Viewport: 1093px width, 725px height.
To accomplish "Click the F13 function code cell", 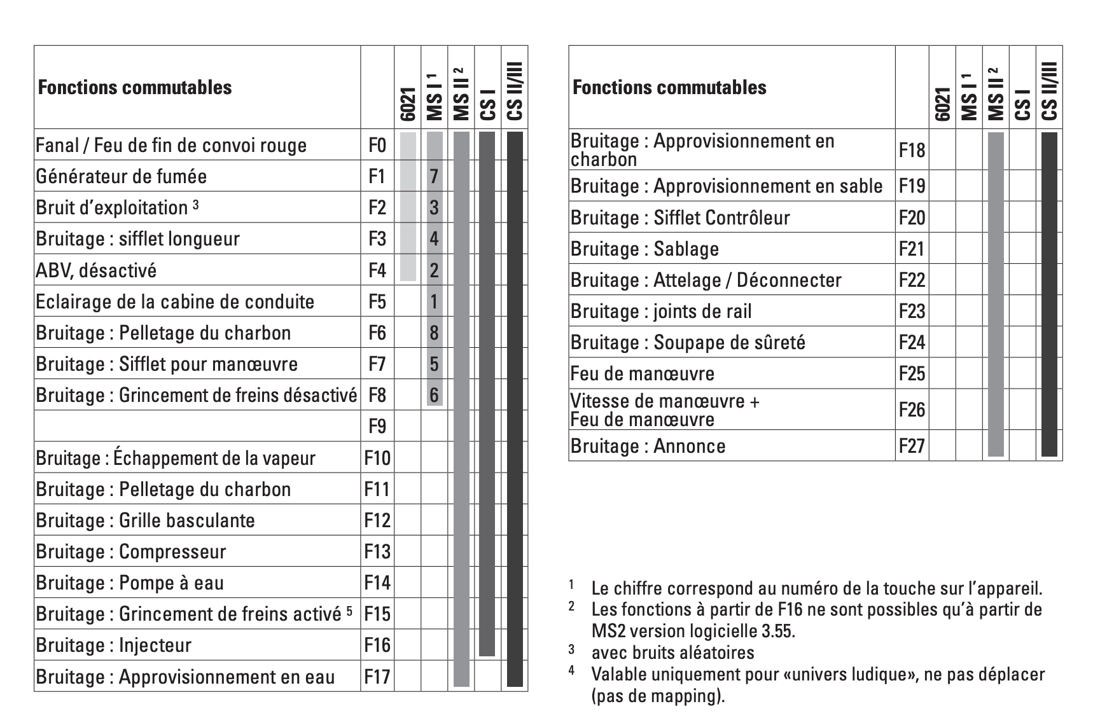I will point(377,551).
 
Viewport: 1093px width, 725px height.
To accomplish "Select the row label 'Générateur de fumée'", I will point(121,176).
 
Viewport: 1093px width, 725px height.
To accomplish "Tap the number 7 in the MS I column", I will point(434,176).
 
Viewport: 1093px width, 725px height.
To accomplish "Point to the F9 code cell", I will point(377,426).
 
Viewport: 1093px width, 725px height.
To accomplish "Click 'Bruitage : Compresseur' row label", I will point(130,551).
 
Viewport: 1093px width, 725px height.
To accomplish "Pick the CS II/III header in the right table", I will point(1050,91).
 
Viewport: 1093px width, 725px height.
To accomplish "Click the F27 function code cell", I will point(911,446).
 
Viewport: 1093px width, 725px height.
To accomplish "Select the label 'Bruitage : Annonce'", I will point(648,446).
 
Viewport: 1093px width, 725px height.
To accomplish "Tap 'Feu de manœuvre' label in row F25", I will point(642,373).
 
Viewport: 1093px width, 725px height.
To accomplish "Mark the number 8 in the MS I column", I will point(434,333).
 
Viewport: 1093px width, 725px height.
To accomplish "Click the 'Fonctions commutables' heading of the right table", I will point(669,87).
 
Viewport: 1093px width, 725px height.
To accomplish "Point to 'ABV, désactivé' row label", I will point(96,270).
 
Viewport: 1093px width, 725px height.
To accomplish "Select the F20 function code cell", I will point(911,217).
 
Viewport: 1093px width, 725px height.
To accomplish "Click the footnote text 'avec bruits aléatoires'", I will point(672,652).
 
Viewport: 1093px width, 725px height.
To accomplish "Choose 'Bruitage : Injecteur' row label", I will point(113,645).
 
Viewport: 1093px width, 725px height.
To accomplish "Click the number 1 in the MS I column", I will point(434,301).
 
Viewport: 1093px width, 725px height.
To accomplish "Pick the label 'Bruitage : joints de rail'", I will point(660,311).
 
